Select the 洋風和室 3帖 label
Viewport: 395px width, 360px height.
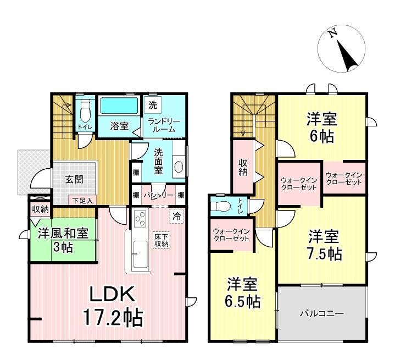pyautogui.click(x=63, y=240)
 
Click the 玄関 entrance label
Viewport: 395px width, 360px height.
pyautogui.click(x=74, y=180)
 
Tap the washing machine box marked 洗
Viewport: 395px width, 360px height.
pyautogui.click(x=153, y=106)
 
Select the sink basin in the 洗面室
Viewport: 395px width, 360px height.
pyautogui.click(x=179, y=167)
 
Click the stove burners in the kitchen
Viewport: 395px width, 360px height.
pyautogui.click(x=140, y=219)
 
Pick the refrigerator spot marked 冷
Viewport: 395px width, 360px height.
pyautogui.click(x=177, y=216)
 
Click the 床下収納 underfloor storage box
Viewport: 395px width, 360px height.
pyautogui.click(x=162, y=240)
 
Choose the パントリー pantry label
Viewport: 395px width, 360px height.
pyautogui.click(x=159, y=195)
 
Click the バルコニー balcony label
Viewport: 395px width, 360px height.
pyautogui.click(x=322, y=313)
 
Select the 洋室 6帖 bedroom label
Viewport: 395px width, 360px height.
pyautogui.click(x=322, y=128)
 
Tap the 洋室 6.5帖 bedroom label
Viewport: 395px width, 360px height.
pyautogui.click(x=243, y=293)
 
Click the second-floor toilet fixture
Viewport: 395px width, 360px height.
pyautogui.click(x=221, y=207)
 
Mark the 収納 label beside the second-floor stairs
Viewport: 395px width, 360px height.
pyautogui.click(x=243, y=167)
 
